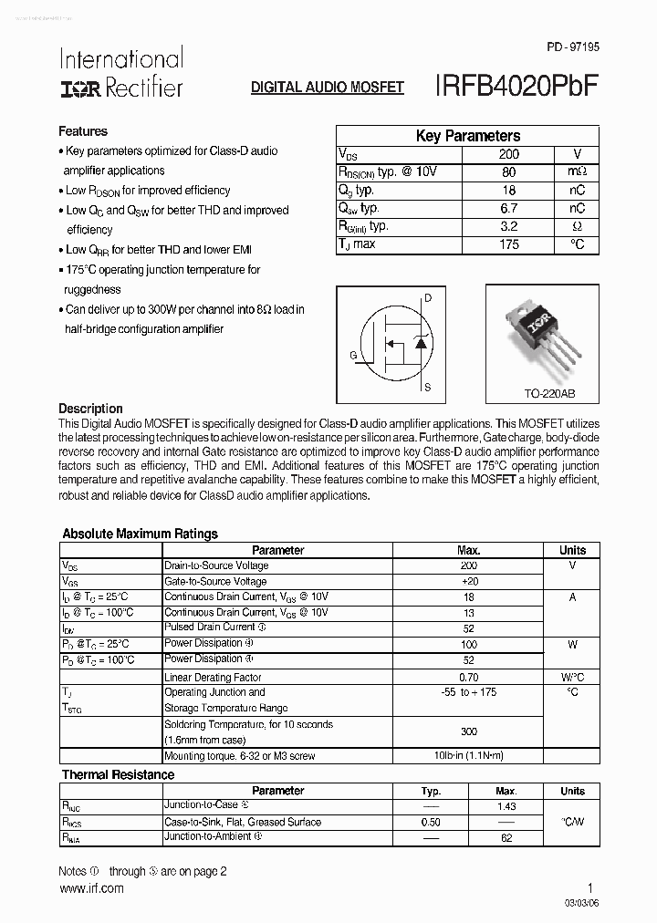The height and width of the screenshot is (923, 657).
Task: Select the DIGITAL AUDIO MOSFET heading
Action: coord(328,88)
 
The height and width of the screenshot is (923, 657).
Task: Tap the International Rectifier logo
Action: coord(121,73)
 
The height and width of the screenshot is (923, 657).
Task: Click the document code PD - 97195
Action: coord(573,46)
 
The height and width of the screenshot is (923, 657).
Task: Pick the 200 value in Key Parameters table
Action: coord(508,155)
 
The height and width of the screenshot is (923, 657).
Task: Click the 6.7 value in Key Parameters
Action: coord(508,209)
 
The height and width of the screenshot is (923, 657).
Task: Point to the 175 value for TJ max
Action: coord(508,244)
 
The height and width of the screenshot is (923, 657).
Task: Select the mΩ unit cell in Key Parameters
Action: coord(576,172)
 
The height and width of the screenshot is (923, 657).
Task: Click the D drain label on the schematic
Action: coord(428,298)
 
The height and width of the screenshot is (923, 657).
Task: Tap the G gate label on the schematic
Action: coord(353,355)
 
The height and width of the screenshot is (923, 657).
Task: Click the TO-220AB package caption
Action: coord(542,394)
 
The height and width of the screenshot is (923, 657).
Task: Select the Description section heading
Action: coord(90,409)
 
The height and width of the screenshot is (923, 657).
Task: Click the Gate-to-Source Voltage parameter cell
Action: coord(215,581)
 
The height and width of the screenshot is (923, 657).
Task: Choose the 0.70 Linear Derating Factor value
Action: coord(468,677)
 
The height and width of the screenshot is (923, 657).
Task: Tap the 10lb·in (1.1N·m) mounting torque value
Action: coord(468,756)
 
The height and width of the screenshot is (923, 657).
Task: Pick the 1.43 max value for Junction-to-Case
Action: coord(506,806)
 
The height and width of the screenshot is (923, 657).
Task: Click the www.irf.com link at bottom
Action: coord(91,887)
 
